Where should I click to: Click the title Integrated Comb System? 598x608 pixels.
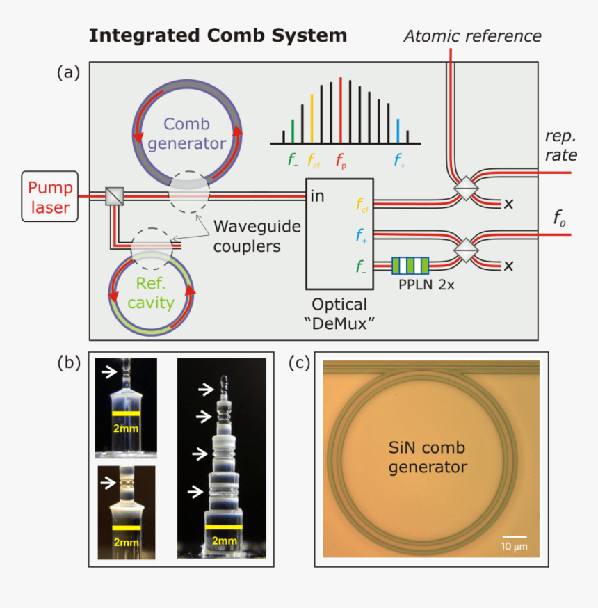[217, 35]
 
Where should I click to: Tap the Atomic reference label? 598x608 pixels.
[472, 35]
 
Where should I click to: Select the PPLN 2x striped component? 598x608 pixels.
[410, 266]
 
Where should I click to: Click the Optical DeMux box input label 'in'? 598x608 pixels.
[317, 195]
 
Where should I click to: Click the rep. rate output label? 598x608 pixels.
[560, 145]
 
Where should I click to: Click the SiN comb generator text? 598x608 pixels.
[428, 457]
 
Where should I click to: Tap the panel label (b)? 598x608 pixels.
[68, 362]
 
